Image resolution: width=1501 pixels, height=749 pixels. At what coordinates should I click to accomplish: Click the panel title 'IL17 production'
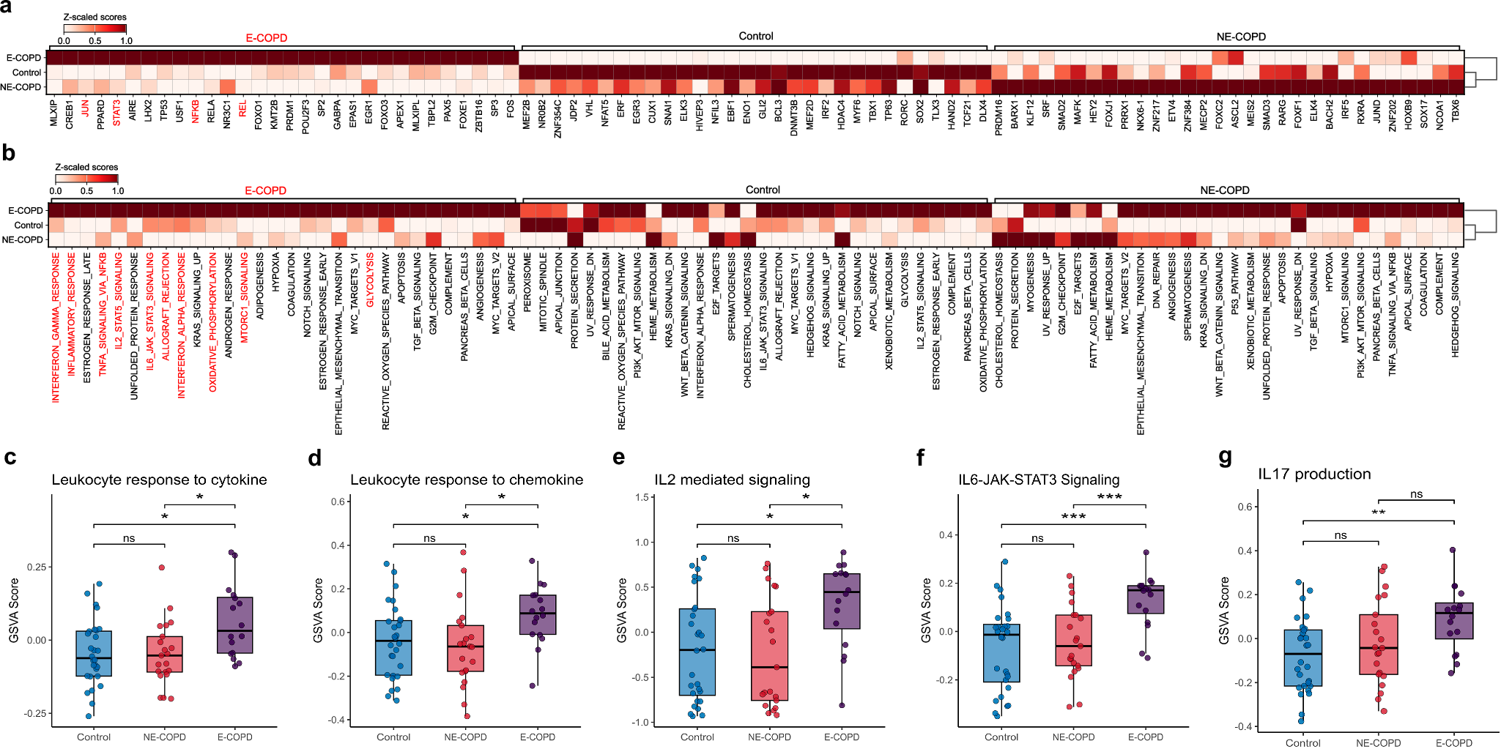(x=1314, y=474)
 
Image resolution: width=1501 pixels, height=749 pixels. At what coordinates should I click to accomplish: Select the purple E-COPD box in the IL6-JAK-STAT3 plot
(x=1146, y=599)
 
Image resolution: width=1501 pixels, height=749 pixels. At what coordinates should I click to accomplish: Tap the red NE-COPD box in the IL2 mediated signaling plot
(x=769, y=655)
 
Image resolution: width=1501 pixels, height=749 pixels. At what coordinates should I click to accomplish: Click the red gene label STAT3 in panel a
(x=117, y=113)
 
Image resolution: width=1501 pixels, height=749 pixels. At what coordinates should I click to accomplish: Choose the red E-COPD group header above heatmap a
(x=266, y=38)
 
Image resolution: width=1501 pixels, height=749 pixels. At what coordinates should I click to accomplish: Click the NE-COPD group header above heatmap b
(x=1224, y=190)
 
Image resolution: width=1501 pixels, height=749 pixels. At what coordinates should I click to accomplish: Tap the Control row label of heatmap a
(x=26, y=72)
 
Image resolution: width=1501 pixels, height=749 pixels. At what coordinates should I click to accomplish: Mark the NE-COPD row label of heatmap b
(x=22, y=239)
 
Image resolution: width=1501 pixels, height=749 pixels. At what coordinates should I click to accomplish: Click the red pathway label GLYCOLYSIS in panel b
(x=370, y=280)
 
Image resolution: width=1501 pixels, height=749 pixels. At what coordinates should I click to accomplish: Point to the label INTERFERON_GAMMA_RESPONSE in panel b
(x=56, y=327)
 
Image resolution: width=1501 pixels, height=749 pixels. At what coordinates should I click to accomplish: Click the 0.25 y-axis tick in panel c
(x=36, y=567)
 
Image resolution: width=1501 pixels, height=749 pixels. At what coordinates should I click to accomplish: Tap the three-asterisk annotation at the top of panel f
(x=1109, y=497)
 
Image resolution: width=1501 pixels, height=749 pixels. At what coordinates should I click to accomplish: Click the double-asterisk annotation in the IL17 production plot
(x=1378, y=513)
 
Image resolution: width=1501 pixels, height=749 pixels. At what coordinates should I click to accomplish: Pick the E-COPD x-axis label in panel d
(x=537, y=737)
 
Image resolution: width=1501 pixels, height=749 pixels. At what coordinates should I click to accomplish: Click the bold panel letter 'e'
(x=619, y=458)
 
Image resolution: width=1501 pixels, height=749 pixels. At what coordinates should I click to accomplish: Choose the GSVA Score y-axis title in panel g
(x=1224, y=611)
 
